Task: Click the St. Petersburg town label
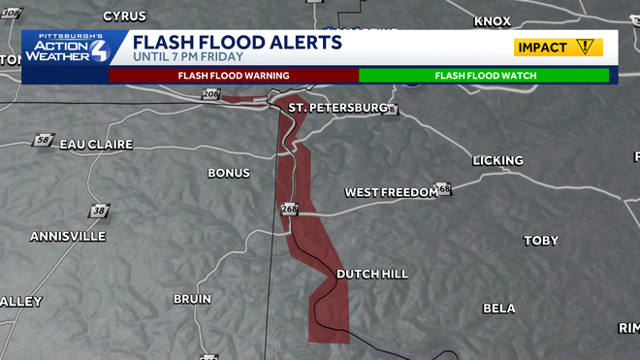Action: [x=338, y=107]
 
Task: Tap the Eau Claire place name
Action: [x=93, y=144]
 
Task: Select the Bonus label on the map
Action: [x=229, y=173]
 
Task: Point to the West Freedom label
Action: [x=391, y=192]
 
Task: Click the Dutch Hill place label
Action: [x=371, y=275]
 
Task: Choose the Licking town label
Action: [x=497, y=160]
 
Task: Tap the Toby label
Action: [x=541, y=241]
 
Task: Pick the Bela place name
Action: [x=499, y=309]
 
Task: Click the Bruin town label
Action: [x=192, y=299]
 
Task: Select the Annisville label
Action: [x=67, y=236]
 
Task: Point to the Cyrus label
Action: [x=124, y=16]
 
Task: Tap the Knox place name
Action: [x=492, y=20]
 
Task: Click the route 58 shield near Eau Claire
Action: [x=43, y=141]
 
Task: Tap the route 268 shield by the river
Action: [x=288, y=209]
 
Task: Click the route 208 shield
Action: [x=211, y=94]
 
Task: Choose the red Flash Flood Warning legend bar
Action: [x=234, y=75]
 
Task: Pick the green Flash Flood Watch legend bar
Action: [x=484, y=75]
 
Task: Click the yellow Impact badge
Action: [x=559, y=47]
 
